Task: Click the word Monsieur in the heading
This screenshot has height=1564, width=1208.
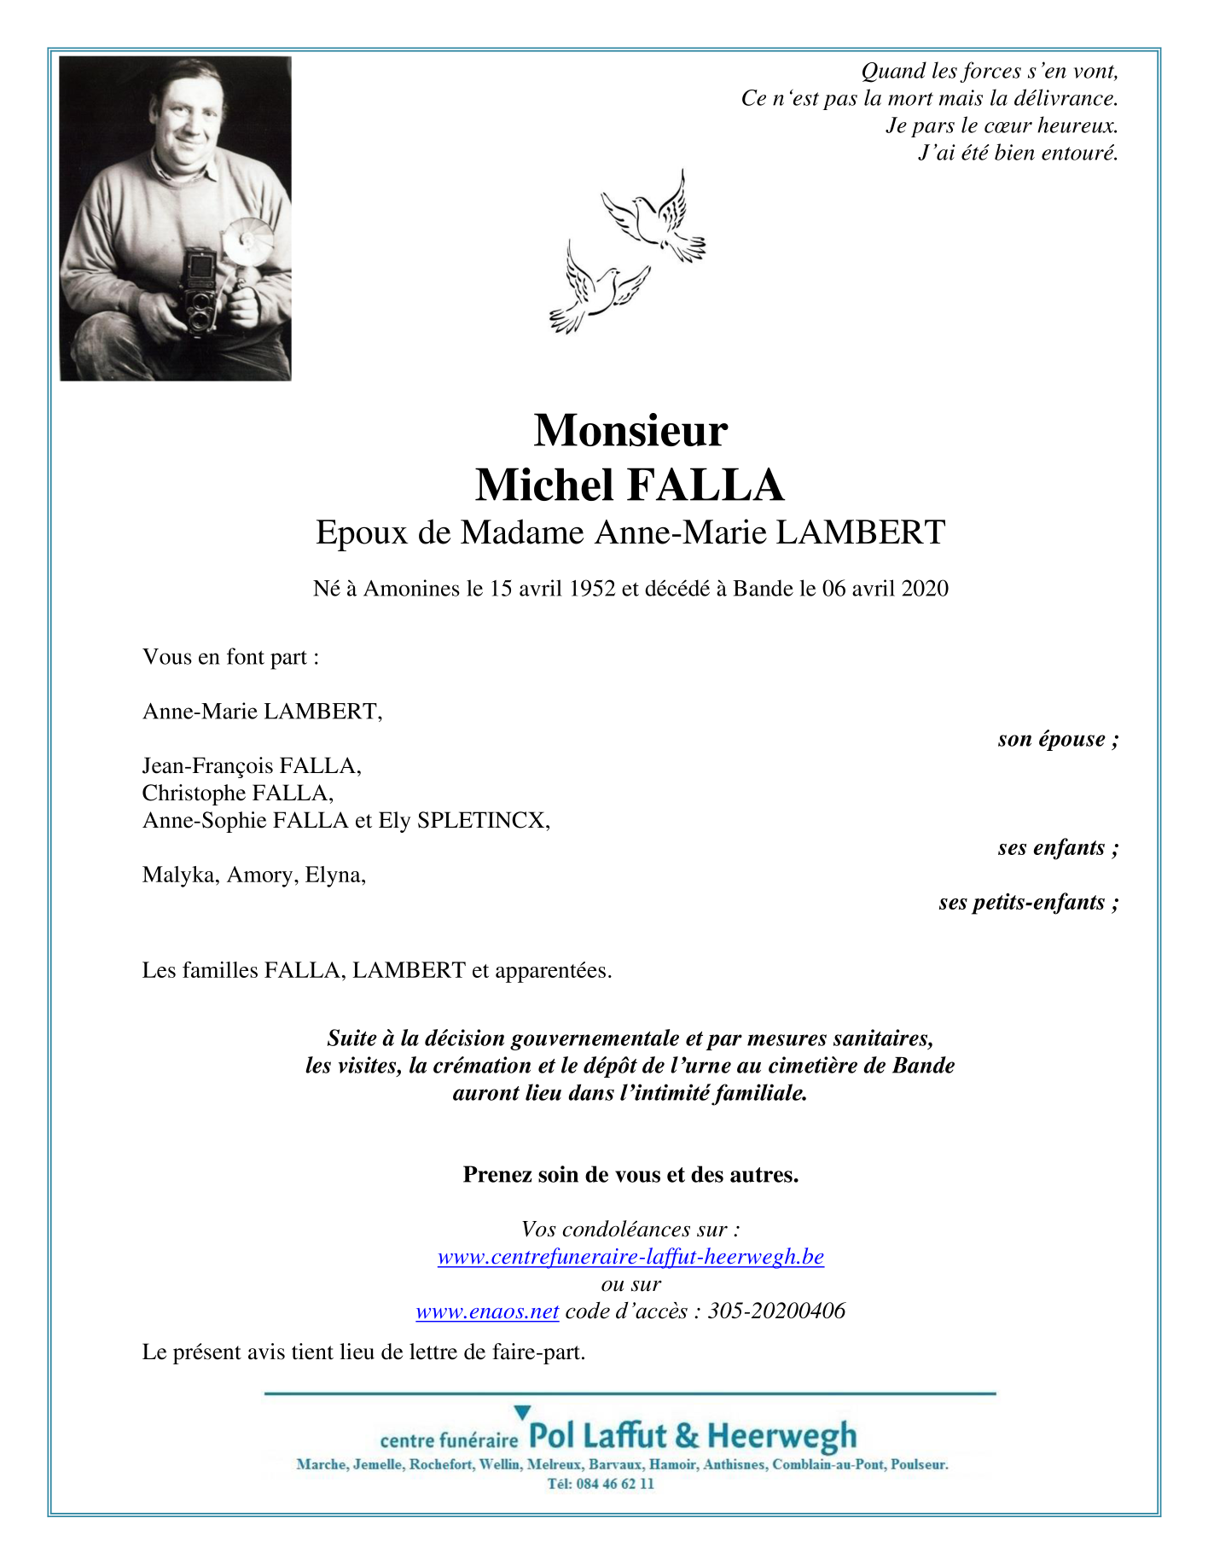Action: pyautogui.click(x=630, y=430)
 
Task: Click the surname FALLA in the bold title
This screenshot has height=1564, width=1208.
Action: pyautogui.click(x=706, y=485)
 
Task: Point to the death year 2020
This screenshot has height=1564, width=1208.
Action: pyautogui.click(x=925, y=589)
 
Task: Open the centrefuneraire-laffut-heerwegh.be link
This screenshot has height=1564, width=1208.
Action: pyautogui.click(x=630, y=1257)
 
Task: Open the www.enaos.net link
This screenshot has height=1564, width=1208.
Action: pyautogui.click(x=487, y=1311)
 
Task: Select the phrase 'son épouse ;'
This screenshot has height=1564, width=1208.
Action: pyautogui.click(x=1058, y=739)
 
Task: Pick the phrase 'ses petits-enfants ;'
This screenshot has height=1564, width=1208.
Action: pyautogui.click(x=1028, y=903)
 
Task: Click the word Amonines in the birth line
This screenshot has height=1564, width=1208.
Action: pyautogui.click(x=411, y=589)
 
